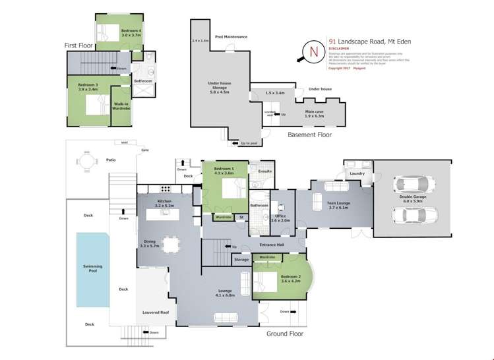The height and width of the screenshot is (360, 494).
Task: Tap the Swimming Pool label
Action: tap(92, 268)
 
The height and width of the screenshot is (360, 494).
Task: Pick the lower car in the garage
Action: tap(410, 215)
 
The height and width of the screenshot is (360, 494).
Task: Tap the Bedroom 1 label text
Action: tap(225, 172)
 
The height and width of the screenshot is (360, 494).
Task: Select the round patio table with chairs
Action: tap(84, 160)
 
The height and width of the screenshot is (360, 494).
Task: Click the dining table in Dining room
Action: tap(171, 245)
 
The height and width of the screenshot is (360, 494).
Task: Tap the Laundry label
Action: tap(357, 174)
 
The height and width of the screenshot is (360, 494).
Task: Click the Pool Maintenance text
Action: tap(231, 37)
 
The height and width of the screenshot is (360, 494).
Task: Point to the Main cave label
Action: tap(314, 113)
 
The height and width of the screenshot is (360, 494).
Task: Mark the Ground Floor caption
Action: tap(284, 334)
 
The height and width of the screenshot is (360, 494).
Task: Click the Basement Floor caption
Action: tap(309, 135)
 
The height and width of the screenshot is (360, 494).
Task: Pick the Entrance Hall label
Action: tap(270, 245)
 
